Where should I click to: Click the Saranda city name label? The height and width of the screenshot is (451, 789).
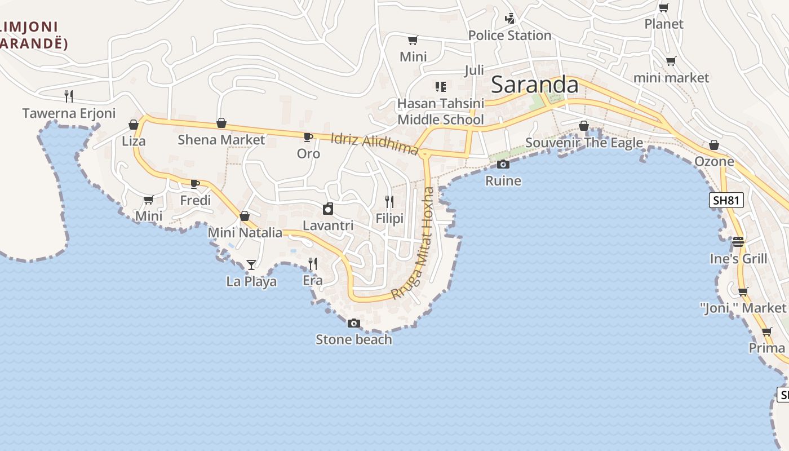534,85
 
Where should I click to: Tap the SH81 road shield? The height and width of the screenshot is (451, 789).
726,200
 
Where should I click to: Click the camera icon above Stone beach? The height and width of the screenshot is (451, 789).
354,323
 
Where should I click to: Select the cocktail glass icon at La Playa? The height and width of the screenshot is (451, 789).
251,264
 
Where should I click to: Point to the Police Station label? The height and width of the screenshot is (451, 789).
509,36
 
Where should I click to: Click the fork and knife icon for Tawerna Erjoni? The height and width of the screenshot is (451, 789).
69,96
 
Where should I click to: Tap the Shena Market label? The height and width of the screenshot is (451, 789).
221,139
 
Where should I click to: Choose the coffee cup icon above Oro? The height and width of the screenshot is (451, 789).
308,137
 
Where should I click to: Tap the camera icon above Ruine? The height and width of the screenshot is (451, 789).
503,164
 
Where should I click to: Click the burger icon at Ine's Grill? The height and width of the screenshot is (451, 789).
738,242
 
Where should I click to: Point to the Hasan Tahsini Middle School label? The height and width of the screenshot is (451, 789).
440,112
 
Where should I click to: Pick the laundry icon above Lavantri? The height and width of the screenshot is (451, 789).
328,209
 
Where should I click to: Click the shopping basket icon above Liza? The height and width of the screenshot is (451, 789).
134,125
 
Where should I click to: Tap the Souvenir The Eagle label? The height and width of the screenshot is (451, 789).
584,143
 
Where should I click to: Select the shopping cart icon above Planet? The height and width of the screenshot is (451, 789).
664,8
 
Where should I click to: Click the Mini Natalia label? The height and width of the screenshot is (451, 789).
245,232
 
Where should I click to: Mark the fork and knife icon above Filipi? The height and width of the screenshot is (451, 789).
389,201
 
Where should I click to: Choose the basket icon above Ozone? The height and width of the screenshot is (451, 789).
714,145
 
